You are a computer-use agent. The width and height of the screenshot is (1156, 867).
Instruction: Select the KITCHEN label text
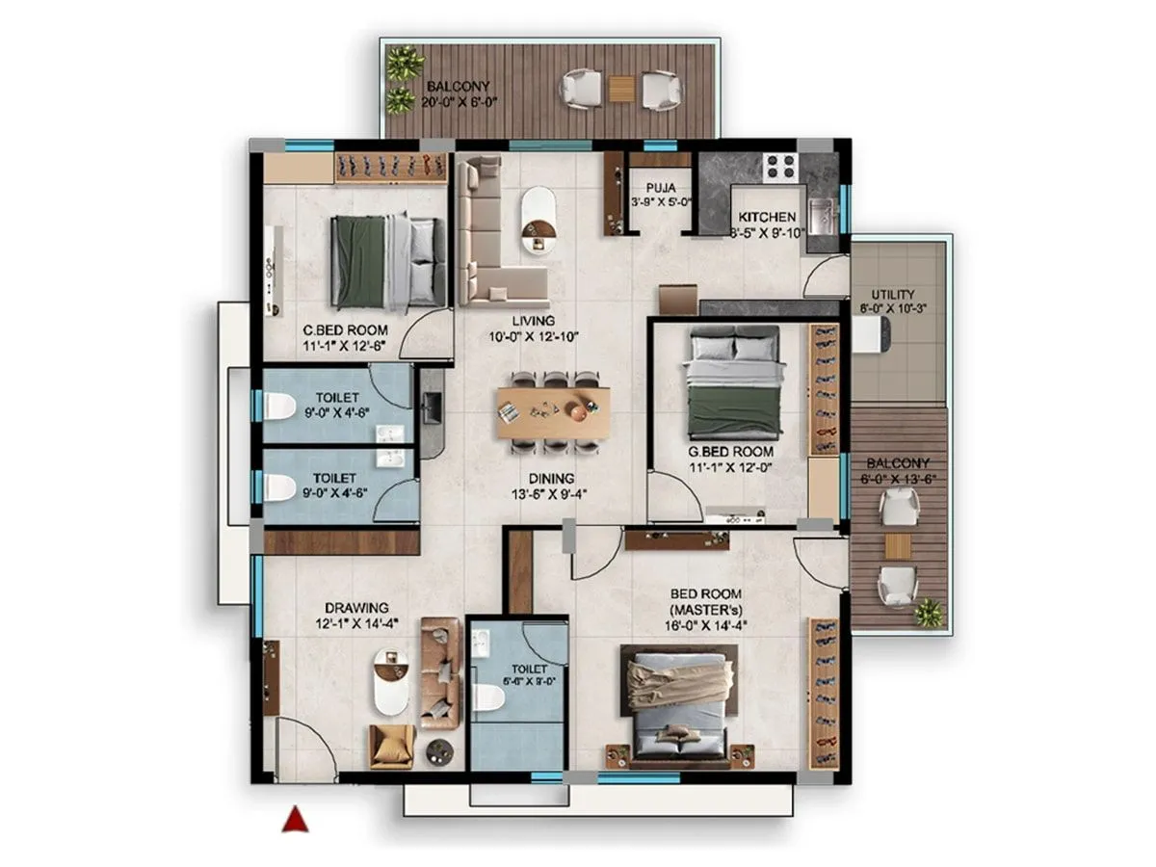click(767, 218)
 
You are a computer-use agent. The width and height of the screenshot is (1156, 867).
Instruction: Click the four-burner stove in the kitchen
click(779, 167)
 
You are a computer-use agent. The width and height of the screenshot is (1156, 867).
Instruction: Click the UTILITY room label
click(893, 295)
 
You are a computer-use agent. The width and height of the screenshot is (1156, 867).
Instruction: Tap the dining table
click(553, 411)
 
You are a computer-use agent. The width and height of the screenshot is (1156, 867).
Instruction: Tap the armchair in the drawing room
click(391, 746)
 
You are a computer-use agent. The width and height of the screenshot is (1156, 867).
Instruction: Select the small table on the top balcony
click(620, 88)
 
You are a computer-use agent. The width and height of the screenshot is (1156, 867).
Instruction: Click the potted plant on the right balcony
click(929, 613)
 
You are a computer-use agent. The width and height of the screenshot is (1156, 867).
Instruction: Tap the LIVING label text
click(533, 321)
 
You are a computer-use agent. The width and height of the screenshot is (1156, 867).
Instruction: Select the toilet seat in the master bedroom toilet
click(486, 698)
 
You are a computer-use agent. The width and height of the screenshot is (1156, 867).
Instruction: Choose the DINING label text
click(551, 478)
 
